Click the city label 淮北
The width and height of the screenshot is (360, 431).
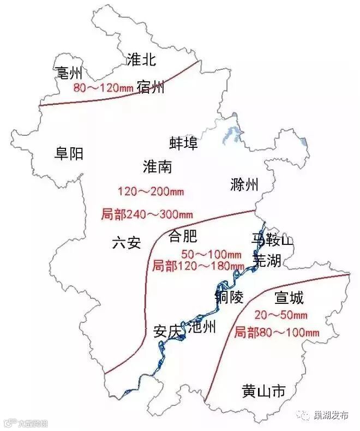click(141, 59)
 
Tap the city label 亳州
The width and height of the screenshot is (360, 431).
click(69, 73)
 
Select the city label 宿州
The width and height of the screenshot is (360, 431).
click(151, 86)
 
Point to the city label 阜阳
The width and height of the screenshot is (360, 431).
click(69, 154)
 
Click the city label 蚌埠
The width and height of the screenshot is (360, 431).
click(184, 143)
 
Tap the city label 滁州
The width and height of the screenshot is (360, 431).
click(244, 184)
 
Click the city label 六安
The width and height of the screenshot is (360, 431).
click(126, 242)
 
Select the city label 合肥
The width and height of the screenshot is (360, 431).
click(183, 236)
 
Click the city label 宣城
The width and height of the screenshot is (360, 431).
click(289, 298)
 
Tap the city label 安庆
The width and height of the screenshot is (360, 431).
click(167, 331)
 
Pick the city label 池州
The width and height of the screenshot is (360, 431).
click(201, 327)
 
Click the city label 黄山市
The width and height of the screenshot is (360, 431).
click(263, 391)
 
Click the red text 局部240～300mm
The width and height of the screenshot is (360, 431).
click(147, 214)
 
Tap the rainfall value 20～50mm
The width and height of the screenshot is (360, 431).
click(281, 315)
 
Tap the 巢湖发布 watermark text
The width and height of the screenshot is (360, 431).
click(331, 415)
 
